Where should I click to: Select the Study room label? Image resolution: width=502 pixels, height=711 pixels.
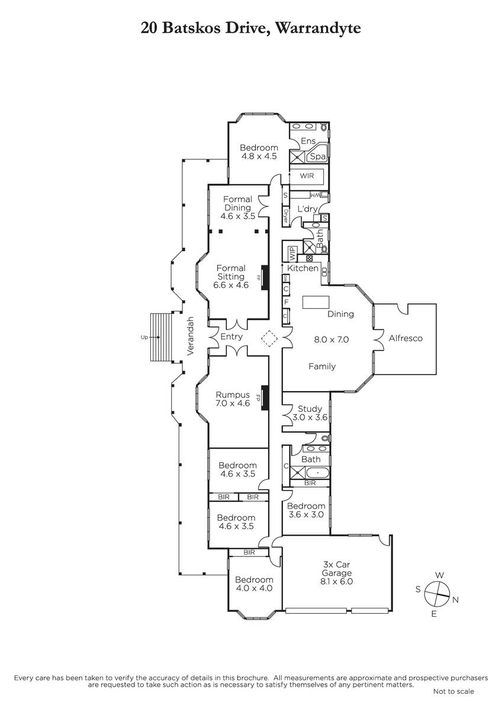click(310, 409)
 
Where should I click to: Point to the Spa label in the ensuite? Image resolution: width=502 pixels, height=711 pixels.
click(318, 156)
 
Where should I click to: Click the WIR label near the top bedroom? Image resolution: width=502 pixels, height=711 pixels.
click(307, 176)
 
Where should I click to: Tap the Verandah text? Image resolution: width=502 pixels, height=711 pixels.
click(191, 336)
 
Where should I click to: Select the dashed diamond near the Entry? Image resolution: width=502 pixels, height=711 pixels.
click(269, 339)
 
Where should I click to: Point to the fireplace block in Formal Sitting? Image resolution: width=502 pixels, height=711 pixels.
click(265, 277)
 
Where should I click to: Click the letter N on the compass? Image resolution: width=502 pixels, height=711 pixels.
click(455, 600)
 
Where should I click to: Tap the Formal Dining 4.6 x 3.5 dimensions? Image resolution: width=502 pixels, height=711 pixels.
click(237, 216)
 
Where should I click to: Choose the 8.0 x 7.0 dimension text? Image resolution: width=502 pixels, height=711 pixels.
click(331, 340)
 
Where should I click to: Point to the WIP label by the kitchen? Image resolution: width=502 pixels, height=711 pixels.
click(291, 254)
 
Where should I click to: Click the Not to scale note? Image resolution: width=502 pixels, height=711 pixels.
click(453, 691)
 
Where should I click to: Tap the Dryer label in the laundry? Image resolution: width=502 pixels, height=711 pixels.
click(285, 215)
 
